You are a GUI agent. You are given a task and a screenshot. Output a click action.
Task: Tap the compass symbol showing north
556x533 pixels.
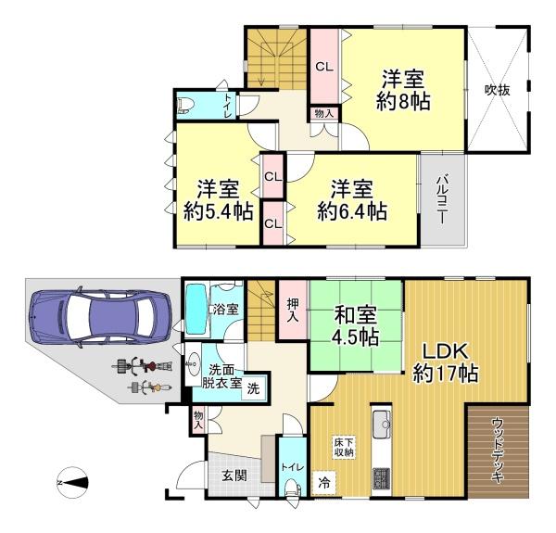71,481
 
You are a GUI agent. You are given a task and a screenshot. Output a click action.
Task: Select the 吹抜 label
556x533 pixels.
497,91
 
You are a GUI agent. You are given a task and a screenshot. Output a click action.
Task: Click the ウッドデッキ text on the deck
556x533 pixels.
497,451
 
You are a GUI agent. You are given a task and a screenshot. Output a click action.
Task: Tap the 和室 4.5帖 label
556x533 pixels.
355,327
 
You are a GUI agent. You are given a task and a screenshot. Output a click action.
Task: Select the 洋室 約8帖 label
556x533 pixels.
403,90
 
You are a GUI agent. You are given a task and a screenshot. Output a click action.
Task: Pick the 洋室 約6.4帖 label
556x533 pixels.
351,198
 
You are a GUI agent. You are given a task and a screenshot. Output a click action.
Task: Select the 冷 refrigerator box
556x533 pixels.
323,482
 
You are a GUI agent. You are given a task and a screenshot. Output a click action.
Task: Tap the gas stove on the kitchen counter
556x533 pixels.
383,478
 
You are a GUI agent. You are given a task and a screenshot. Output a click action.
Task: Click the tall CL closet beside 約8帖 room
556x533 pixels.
323,68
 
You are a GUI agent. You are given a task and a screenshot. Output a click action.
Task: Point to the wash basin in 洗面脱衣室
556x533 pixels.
196,362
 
